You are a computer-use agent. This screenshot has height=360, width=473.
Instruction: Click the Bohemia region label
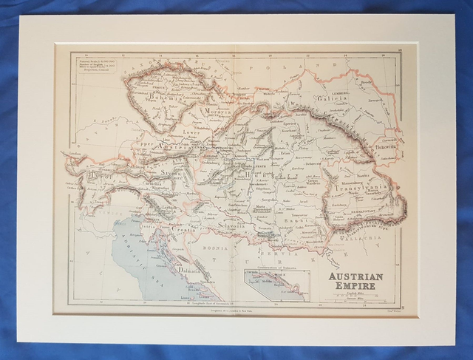click(x=158, y=96)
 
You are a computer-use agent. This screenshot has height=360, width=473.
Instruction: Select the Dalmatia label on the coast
click(x=194, y=271)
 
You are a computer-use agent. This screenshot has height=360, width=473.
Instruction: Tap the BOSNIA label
click(x=231, y=240)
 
